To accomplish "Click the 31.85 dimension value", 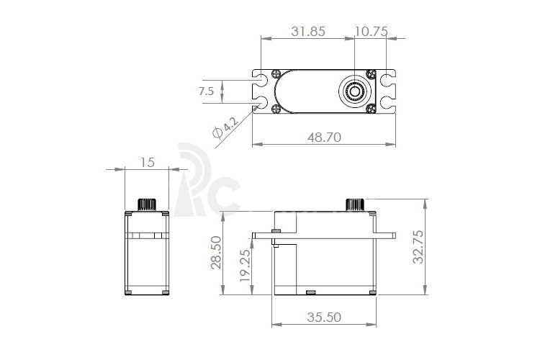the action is point(308,32).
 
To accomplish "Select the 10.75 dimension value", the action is point(372,32).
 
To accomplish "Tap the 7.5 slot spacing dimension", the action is point(207,91).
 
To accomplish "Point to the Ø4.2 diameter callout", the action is point(225,127).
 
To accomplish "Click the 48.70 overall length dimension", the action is point(324,137).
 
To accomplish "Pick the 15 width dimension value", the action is point(148,163).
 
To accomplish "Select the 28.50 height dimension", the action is point(216,253).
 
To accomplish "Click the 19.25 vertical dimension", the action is point(245,265).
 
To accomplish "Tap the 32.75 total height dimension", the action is point(418,247).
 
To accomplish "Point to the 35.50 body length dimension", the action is point(324,317).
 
